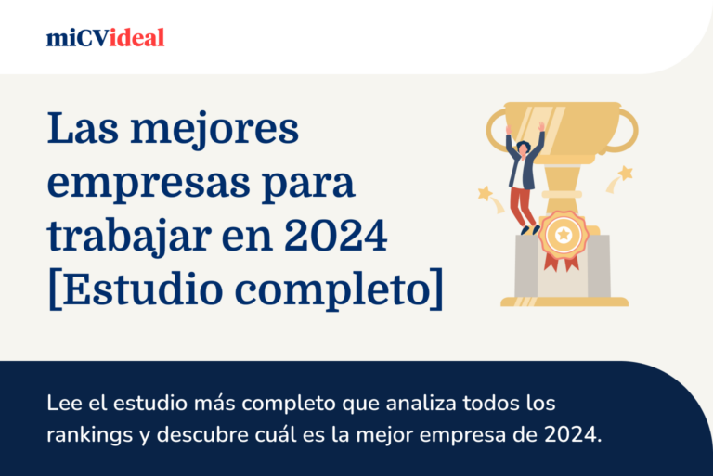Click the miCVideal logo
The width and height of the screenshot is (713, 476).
click(105, 38)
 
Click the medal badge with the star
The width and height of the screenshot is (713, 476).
click(562, 236)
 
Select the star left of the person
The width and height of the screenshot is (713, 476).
click(485, 193)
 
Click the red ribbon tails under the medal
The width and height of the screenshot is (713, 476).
click(562, 263)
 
